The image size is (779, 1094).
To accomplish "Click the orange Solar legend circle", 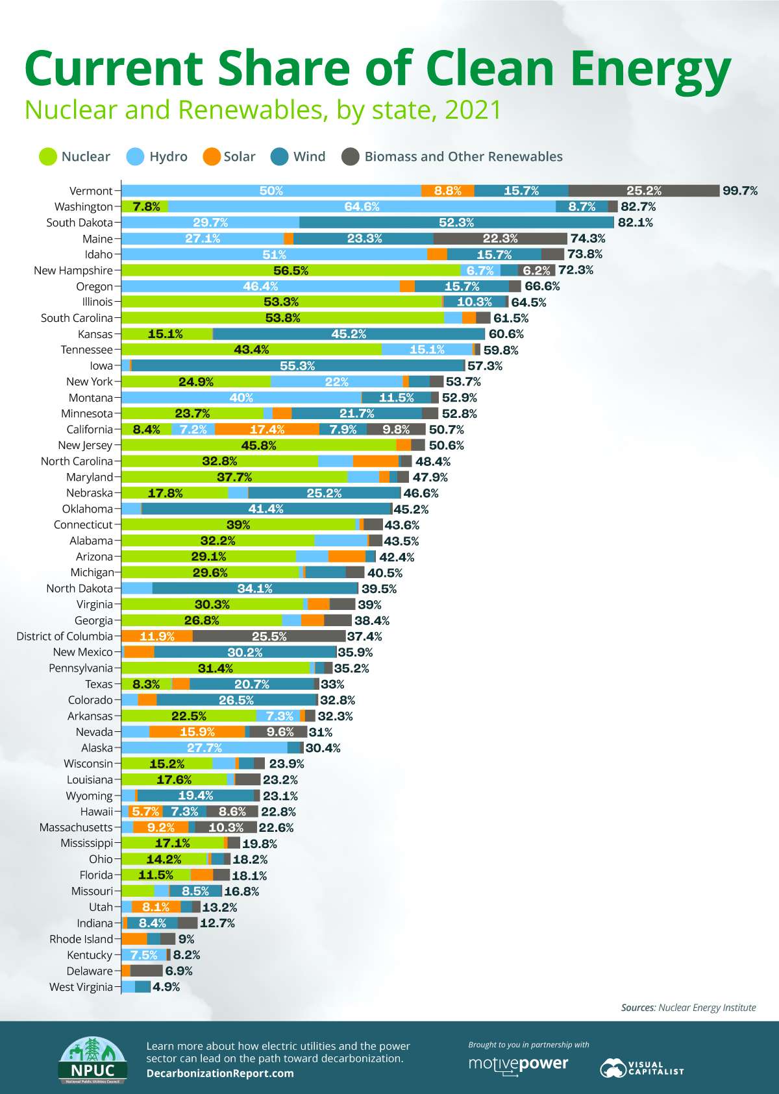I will pos(212,156).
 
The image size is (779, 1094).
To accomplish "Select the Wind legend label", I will pos(309,156).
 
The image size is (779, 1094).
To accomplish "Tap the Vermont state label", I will pos(91,191).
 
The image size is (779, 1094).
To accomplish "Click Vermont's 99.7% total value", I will pos(740,191).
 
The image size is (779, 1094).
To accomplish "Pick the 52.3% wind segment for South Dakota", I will pos(456,223).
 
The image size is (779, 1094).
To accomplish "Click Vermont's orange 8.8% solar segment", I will pos(447,191).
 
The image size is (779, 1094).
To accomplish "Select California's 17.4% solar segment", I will pos(267,430).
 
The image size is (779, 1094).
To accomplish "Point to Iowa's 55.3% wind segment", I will pos(297,366).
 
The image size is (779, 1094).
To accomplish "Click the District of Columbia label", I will pos(64,637).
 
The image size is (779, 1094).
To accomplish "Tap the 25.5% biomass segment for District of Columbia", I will pos(269,637).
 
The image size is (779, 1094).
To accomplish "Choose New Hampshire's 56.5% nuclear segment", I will pos(291,271).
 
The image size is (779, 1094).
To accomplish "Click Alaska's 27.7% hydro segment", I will pos(204,748).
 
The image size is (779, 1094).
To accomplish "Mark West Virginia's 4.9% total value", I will pos(166,987).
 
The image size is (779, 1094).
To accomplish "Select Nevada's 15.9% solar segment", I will pos(197,732).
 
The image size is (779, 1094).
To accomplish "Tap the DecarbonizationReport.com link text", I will pos(220,1073).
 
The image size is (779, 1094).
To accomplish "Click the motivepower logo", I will pos(518,1065).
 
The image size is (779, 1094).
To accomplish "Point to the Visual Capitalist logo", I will pos(641,1068).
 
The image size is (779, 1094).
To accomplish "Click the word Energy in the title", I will pos(643,68).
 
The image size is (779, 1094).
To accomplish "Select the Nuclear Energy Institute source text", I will pos(707,1008).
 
